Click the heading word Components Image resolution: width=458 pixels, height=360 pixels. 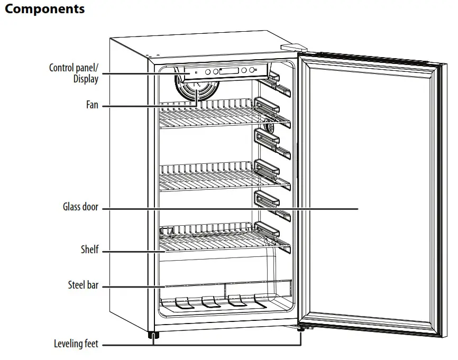click(x=44, y=9)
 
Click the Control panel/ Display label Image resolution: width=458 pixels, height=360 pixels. click(x=74, y=73)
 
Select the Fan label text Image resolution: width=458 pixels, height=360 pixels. click(x=92, y=105)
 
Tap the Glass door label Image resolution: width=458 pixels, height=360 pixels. click(x=80, y=208)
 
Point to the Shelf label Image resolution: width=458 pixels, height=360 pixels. click(x=89, y=250)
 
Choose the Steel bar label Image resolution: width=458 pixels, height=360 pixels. click(x=83, y=285)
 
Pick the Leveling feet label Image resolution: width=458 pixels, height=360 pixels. click(x=76, y=344)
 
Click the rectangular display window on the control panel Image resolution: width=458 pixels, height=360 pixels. click(x=228, y=71)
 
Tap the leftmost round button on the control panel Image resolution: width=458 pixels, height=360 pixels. click(x=208, y=72)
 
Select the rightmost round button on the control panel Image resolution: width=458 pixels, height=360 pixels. click(x=250, y=70)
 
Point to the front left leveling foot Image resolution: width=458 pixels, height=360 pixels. click(x=153, y=336)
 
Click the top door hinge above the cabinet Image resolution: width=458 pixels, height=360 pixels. click(x=294, y=48)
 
